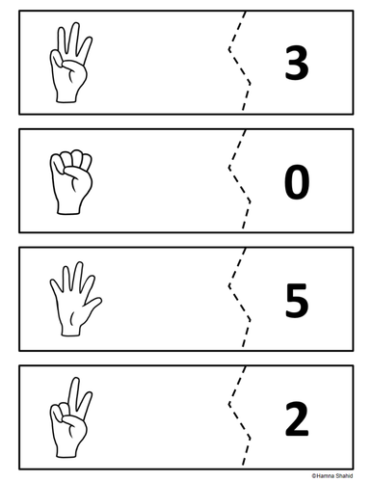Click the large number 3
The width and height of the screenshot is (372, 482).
click(297, 63)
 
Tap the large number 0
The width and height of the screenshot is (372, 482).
click(297, 181)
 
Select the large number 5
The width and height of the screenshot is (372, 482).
click(297, 300)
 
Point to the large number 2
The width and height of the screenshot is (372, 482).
click(297, 418)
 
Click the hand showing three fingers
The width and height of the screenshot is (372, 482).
click(70, 63)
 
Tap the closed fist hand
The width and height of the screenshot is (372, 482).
click(70, 182)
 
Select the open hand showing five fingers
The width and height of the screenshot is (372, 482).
click(75, 299)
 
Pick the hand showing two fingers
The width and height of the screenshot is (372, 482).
click(70, 417)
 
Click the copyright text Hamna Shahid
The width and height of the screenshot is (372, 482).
click(332, 475)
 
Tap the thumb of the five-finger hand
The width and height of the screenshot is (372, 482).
click(93, 305)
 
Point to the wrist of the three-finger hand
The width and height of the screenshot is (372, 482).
click(67, 96)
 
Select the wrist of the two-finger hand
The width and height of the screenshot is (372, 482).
click(67, 451)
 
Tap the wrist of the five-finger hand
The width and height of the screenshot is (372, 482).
click(70, 330)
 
